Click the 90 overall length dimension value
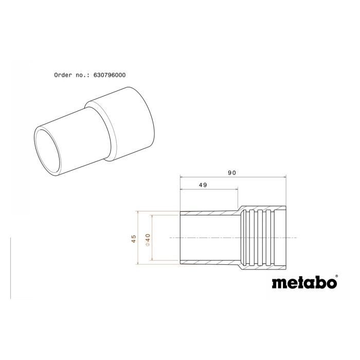click(x=232, y=173)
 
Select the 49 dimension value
click(x=203, y=185)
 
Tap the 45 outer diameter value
click(x=134, y=238)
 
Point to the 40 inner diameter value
click(x=148, y=238)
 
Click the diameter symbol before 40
click(x=148, y=244)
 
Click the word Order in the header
click(x=63, y=75)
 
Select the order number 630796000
click(x=110, y=75)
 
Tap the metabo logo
click(x=304, y=283)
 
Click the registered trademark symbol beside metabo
click(x=336, y=276)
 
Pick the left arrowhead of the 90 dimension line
click(x=182, y=177)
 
